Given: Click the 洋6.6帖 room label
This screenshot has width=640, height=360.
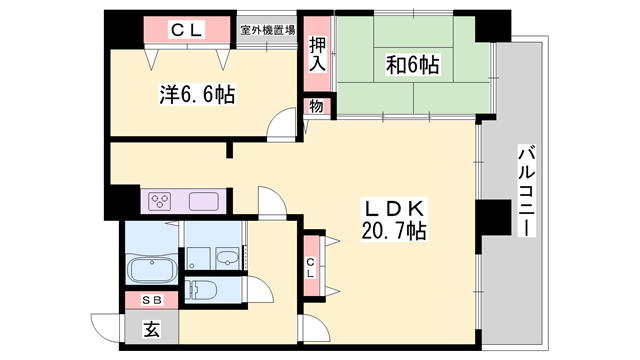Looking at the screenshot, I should [196, 95].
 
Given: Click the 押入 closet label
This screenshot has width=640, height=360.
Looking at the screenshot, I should [317, 54].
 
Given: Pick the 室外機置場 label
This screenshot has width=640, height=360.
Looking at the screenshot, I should [267, 30].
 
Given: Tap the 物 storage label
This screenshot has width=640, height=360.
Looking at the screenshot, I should [315, 107].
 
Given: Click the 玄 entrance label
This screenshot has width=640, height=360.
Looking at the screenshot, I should [151, 327].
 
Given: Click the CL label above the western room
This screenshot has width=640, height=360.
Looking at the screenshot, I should [186, 31].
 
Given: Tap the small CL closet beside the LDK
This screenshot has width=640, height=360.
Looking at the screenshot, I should [311, 264].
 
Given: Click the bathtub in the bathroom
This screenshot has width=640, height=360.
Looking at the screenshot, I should [151, 270].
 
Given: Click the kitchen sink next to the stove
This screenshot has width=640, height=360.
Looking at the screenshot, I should [203, 200].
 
